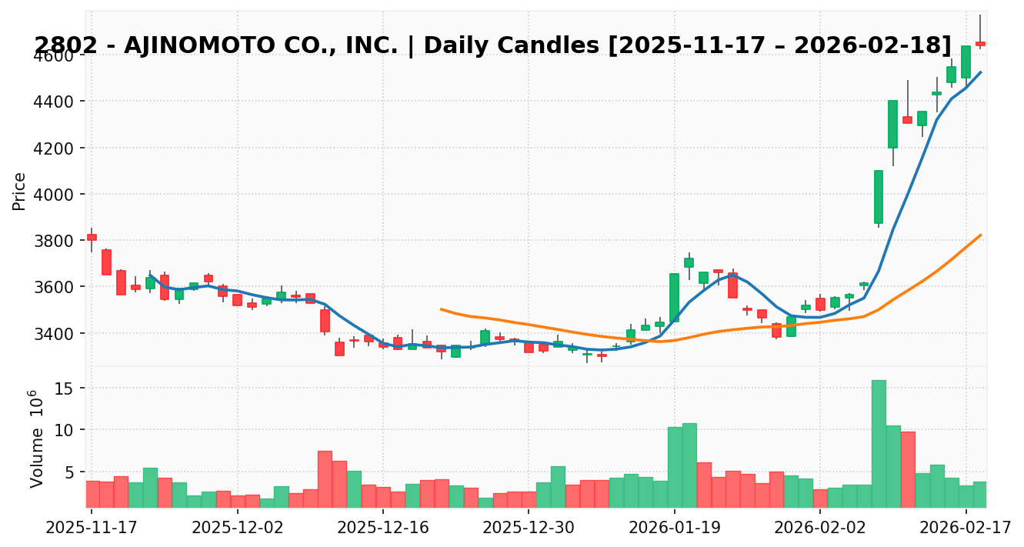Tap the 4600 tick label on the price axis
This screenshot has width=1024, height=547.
53,56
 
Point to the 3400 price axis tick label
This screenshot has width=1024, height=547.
53,334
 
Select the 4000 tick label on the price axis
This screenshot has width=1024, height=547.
53,195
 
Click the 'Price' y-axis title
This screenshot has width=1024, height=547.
20,191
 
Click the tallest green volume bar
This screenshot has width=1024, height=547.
879,443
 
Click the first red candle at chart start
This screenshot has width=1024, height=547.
92,237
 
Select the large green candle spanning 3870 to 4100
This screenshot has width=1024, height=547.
879,197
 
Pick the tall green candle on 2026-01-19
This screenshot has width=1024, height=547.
674,297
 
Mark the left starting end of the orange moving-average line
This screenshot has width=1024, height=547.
441,309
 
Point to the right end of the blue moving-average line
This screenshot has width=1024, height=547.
980,72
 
